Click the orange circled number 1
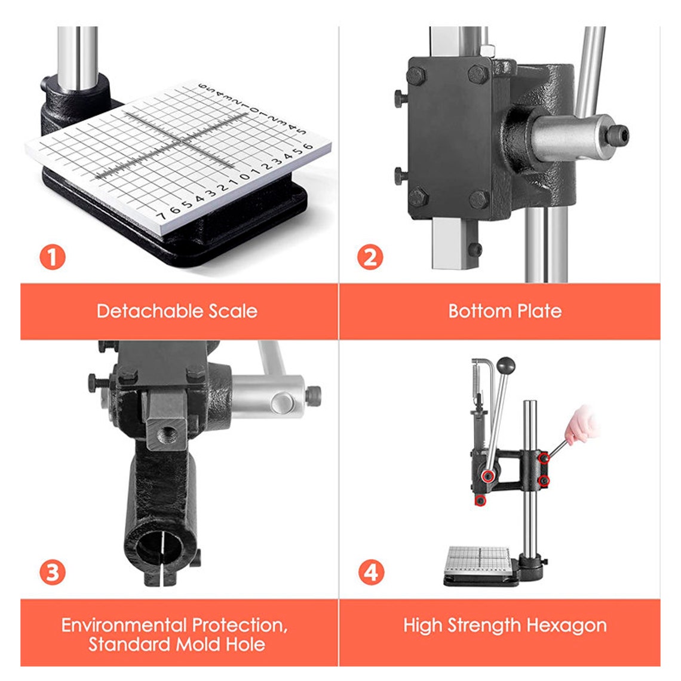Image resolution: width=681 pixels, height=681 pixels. click(53, 256)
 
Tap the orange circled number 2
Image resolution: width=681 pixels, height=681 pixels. click(370, 256)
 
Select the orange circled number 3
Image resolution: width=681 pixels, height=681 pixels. click(53, 572)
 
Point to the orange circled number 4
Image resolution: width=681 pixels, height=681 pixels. click(372, 572)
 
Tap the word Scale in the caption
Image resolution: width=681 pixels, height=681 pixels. click(233, 311)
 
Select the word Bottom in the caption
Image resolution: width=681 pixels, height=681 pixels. click(474, 311)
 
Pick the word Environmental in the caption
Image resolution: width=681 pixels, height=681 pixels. click(124, 625)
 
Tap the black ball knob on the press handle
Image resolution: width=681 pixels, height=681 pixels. click(505, 365)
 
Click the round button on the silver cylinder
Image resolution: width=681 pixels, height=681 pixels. click(281, 403)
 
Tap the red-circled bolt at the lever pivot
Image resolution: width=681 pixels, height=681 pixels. click(489, 476)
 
